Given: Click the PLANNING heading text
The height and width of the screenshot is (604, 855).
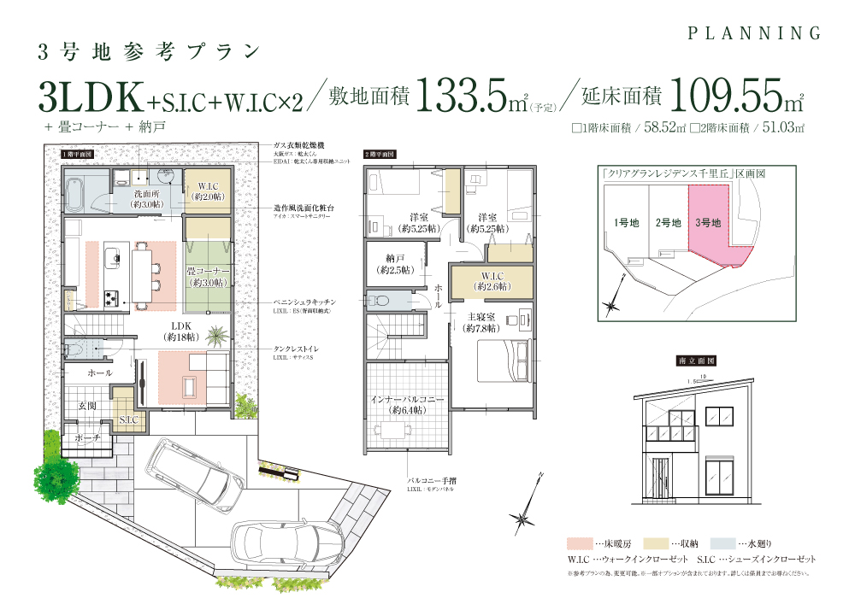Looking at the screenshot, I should pos(754,33).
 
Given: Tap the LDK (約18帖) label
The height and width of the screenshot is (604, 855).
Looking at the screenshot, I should pos(182,331).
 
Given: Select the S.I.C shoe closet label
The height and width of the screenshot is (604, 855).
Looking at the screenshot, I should pos(130,419).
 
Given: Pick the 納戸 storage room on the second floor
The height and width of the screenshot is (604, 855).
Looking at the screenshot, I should pos(395,263).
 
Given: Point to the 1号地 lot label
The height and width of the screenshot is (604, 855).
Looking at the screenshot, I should pos(626,223).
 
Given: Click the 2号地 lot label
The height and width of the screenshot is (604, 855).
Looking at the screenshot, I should pos(668,223).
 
